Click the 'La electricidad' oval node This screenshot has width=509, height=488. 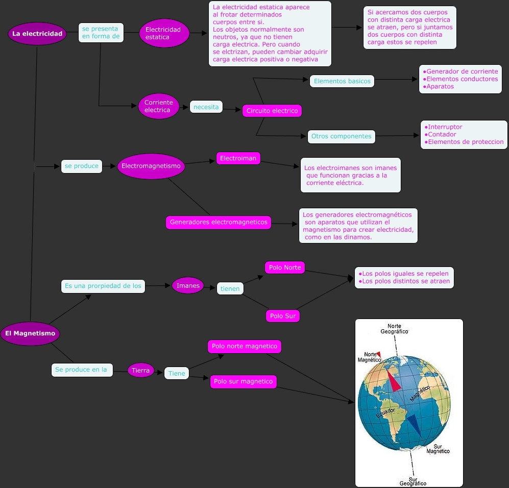(37, 34)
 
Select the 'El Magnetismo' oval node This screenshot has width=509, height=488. (30, 333)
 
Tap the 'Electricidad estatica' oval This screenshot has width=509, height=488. (164, 33)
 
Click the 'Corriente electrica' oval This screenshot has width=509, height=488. (159, 106)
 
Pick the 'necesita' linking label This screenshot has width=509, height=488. (206, 107)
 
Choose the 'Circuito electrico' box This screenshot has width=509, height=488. (272, 111)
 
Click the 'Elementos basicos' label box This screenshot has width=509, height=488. (342, 81)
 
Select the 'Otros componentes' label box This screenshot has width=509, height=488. (341, 136)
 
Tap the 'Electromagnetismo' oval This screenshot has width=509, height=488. (151, 166)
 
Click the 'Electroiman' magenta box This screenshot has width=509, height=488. (238, 159)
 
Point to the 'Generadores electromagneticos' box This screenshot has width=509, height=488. (219, 223)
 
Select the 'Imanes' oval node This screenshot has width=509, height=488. (188, 286)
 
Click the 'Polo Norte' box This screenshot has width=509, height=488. (285, 267)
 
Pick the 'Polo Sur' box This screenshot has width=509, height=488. (283, 316)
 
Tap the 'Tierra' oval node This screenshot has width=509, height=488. (140, 370)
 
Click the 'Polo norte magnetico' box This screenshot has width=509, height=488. (245, 346)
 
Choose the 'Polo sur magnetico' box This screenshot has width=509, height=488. (243, 381)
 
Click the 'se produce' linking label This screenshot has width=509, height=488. (81, 166)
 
